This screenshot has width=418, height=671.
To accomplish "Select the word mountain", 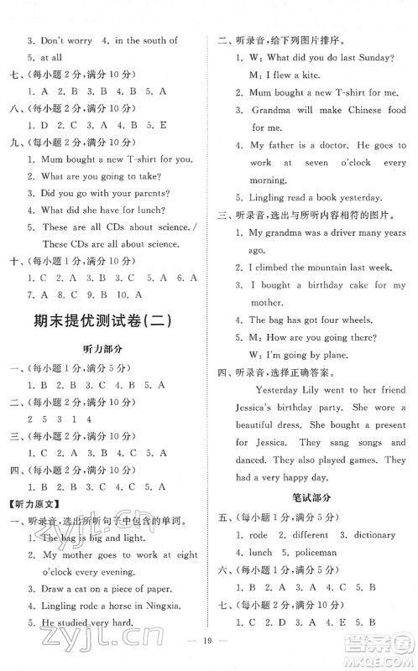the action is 319,267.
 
